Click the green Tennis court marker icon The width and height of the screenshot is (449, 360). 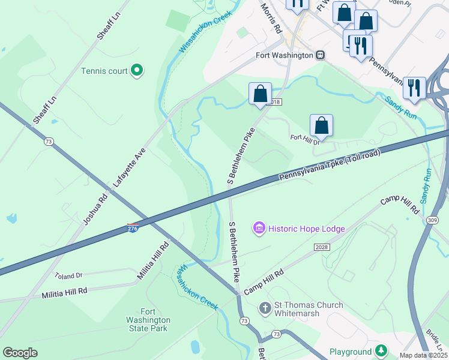(137, 71)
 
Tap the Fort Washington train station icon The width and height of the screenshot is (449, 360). (321, 55)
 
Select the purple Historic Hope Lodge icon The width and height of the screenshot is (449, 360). (259, 228)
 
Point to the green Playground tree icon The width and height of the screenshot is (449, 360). (381, 350)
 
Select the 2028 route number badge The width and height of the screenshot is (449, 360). (322, 247)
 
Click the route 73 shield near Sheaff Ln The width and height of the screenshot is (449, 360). (48, 142)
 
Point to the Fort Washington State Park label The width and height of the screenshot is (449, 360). (155, 320)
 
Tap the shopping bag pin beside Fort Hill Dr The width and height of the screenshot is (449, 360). (322, 125)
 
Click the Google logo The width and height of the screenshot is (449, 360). (20, 352)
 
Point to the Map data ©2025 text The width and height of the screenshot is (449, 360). (423, 355)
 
